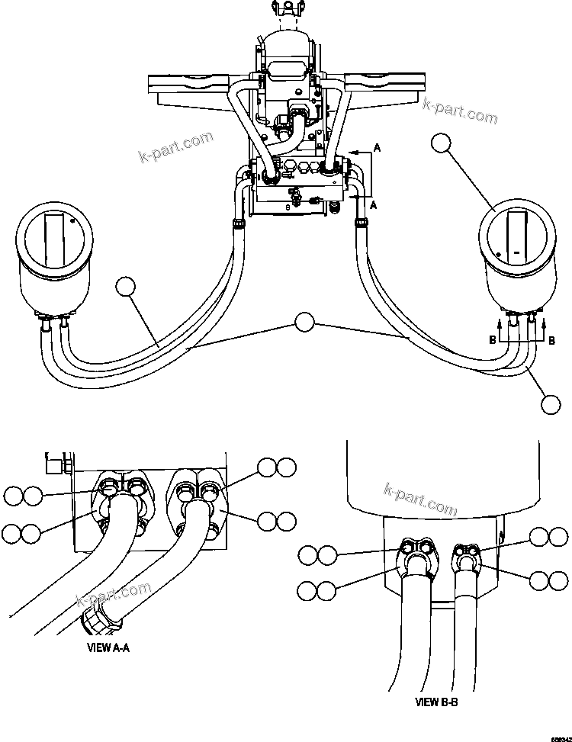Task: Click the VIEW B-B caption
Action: pyautogui.click(x=436, y=702)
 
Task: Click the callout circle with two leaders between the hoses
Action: pyautogui.click(x=305, y=323)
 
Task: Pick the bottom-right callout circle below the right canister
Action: pyautogui.click(x=552, y=405)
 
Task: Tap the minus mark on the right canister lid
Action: pyautogui.click(x=516, y=252)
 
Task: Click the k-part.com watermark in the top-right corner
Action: pyautogui.click(x=459, y=109)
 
